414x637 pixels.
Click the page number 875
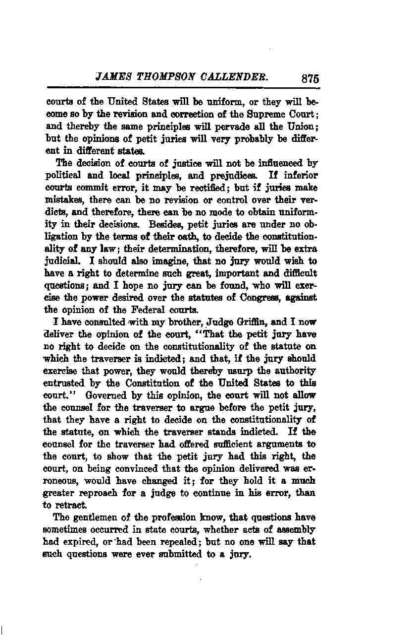(309, 79)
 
